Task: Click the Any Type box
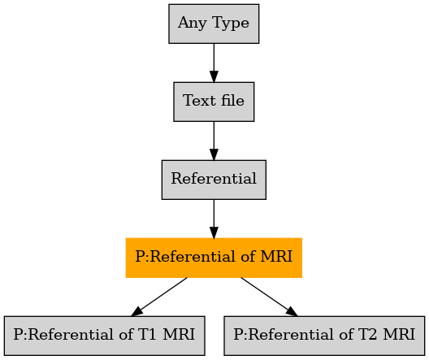(x=214, y=24)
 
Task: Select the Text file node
(x=214, y=102)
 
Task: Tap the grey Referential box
(x=214, y=180)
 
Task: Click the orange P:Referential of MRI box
(x=214, y=258)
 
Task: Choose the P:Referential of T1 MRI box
(x=105, y=336)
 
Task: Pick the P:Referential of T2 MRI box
(x=324, y=336)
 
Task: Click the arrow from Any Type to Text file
(x=214, y=63)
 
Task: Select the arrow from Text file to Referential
(x=214, y=141)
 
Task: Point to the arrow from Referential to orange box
(x=214, y=219)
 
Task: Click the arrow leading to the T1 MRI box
(x=159, y=297)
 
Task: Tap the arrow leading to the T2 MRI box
(x=269, y=297)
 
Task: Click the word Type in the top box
(x=231, y=23)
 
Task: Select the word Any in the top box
(x=193, y=23)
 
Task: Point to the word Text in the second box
(x=199, y=101)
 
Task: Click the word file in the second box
(x=232, y=100)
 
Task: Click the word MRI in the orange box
(x=276, y=256)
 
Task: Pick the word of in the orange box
(x=248, y=256)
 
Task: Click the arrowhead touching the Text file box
(x=214, y=76)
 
